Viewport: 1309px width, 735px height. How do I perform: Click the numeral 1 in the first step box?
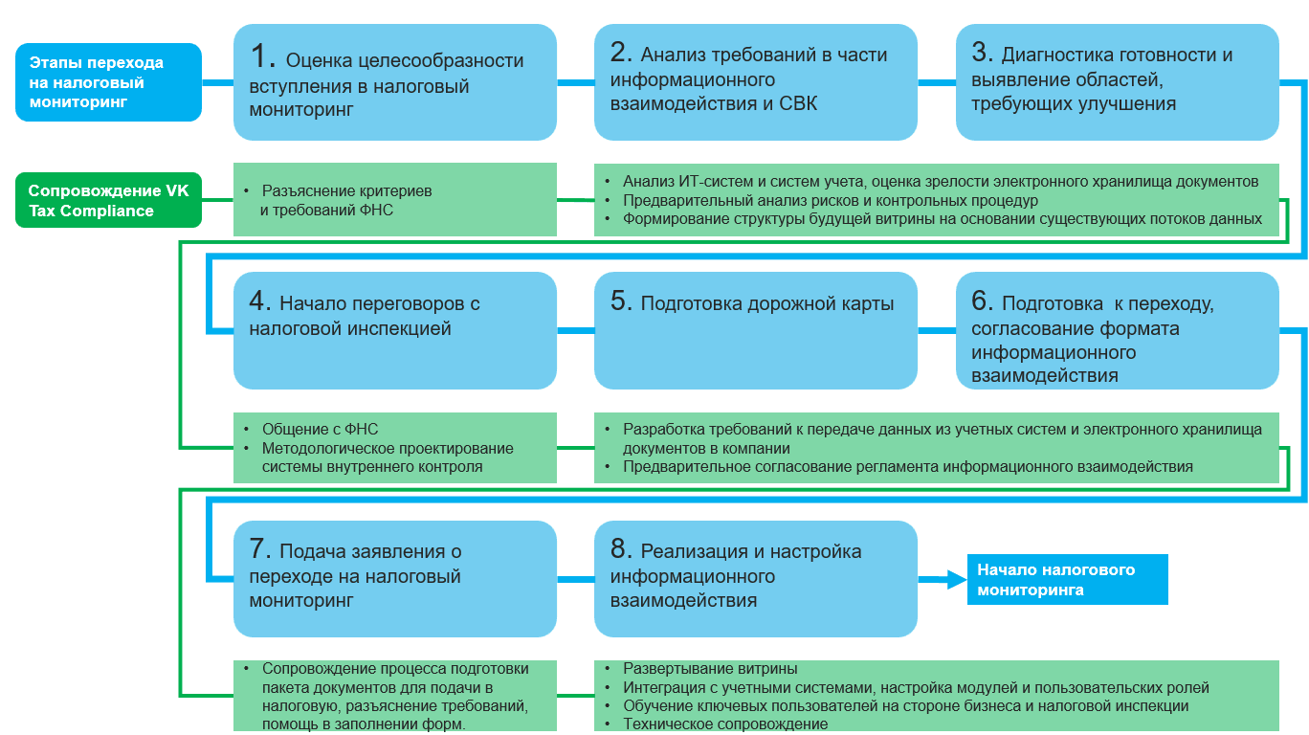click(x=263, y=57)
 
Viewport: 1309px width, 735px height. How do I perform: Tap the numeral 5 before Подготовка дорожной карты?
click(x=622, y=301)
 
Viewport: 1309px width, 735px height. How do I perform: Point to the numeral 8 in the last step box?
click(x=622, y=549)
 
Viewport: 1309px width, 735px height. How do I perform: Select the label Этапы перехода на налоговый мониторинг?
click(x=108, y=82)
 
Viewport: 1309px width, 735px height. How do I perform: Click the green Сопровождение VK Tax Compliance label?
click(x=108, y=200)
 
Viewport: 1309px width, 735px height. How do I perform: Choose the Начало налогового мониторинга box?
click(x=1067, y=579)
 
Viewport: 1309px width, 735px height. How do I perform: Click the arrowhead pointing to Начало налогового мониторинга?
click(x=953, y=578)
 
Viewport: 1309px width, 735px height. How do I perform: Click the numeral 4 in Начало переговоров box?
click(x=260, y=301)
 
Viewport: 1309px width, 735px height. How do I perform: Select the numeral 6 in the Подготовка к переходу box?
click(x=983, y=301)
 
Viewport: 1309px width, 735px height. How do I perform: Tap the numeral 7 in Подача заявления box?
click(x=260, y=549)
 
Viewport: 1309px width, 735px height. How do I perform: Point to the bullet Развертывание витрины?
click(x=710, y=669)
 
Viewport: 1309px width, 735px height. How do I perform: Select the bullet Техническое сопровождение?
click(x=724, y=724)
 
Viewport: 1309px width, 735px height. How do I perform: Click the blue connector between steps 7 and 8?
click(x=575, y=578)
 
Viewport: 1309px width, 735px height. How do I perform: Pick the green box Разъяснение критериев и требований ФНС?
click(x=395, y=200)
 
